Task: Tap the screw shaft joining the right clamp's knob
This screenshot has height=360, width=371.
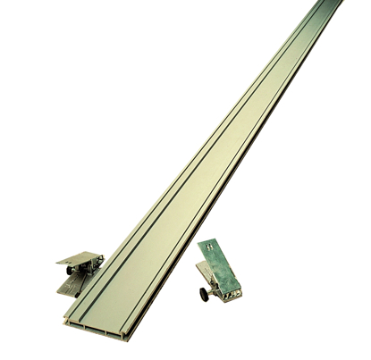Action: tap(214, 289)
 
